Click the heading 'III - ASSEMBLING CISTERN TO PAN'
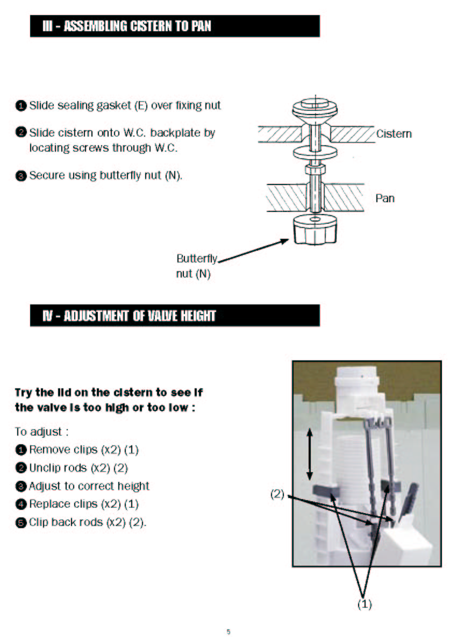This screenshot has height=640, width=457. click(127, 26)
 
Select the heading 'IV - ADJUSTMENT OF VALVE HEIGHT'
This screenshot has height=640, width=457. click(129, 316)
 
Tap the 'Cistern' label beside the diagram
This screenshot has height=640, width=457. click(394, 134)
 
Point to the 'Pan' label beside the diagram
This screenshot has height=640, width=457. click(385, 198)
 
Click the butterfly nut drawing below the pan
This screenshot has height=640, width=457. click(315, 230)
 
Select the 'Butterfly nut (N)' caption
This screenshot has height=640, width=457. click(197, 266)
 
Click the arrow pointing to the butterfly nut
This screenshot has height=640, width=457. click(253, 251)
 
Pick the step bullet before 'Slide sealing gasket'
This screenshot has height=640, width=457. click(20, 106)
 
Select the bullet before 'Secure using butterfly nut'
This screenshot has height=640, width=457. click(20, 176)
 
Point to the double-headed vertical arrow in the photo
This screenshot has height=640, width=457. click(309, 454)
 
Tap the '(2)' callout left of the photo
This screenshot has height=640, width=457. click(277, 494)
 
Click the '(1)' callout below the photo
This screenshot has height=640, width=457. click(365, 604)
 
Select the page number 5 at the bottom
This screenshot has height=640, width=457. click(228, 632)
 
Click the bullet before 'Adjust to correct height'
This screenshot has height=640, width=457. click(20, 487)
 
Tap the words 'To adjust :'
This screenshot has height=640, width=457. click(41, 432)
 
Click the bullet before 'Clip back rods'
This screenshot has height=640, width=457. click(20, 523)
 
